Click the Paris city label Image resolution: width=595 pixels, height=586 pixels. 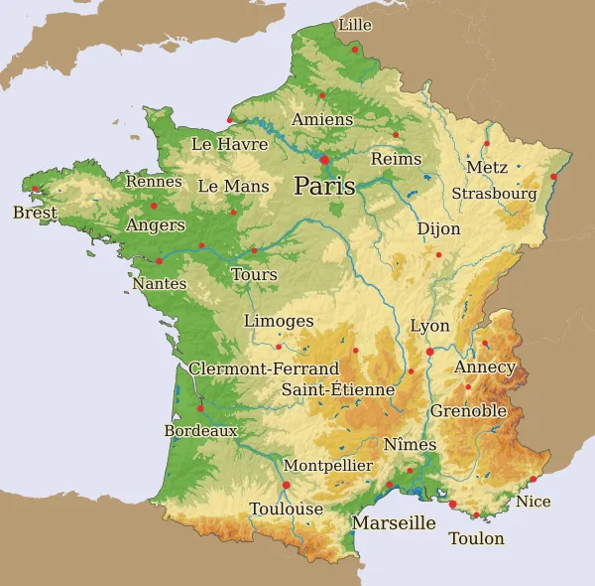tap(324, 186)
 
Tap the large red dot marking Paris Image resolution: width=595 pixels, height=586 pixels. tap(324, 159)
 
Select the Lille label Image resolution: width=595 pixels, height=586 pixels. tap(355, 24)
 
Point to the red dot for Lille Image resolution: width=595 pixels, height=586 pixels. tap(354, 49)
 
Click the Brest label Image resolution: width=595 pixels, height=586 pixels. tap(35, 213)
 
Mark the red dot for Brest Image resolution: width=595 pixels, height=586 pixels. tap(36, 189)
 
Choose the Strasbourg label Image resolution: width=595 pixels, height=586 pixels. tap(494, 194)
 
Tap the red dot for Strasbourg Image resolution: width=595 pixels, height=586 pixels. tap(553, 178)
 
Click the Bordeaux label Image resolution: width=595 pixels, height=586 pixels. tap(200, 431)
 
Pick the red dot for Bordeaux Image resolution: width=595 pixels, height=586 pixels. tap(200, 407)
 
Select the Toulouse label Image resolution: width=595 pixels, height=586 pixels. tap(287, 509)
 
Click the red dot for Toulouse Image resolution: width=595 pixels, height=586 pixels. tap(287, 485)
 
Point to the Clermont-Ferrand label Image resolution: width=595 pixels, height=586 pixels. tap(264, 368)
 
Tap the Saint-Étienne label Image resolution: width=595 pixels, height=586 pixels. tap(338, 389)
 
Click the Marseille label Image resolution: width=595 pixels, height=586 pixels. tap(395, 522)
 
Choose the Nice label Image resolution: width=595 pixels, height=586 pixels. tap(534, 502)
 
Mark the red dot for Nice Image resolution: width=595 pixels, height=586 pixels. tap(534, 480)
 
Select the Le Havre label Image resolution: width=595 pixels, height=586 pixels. tap(229, 144)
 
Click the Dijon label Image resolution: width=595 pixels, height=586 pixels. tap(438, 229)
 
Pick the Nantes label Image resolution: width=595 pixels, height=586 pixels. tap(159, 284)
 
